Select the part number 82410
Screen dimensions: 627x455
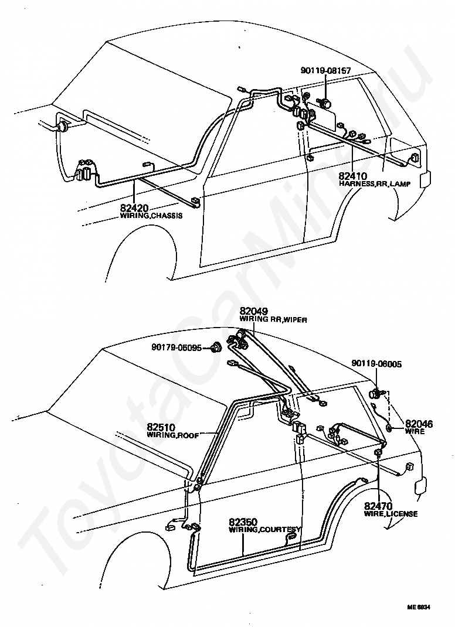point(352,175)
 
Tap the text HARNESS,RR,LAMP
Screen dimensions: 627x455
point(374,183)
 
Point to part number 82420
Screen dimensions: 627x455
point(134,207)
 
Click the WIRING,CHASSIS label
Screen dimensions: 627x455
point(151,216)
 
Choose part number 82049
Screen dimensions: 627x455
point(254,311)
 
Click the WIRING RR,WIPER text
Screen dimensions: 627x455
point(273,319)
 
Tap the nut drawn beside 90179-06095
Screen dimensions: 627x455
point(216,347)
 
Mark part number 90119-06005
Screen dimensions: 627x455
point(376,364)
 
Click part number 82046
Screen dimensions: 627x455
point(419,424)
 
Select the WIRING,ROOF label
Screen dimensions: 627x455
point(173,435)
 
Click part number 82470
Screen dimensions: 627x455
point(378,506)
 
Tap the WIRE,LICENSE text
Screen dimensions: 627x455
point(391,514)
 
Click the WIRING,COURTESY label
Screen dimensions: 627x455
point(264,529)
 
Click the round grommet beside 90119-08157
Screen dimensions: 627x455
point(324,104)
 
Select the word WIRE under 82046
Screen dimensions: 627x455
point(415,431)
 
